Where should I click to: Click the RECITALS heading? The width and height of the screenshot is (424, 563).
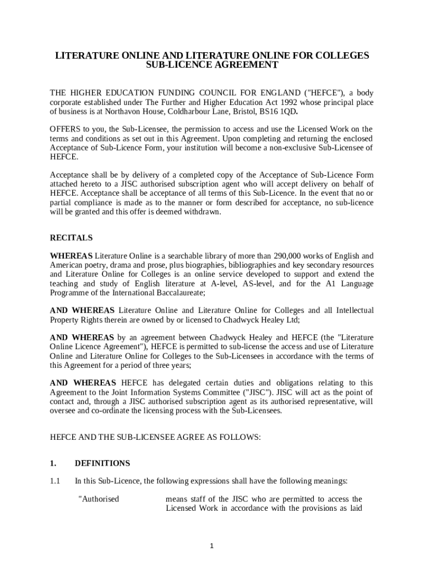click(x=72, y=238)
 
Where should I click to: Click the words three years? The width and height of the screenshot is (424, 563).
click(x=171, y=365)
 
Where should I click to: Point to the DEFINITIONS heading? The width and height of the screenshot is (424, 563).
click(x=102, y=463)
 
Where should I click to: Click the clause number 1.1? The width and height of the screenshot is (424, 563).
click(x=55, y=481)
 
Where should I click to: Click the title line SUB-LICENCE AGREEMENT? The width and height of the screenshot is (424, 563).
click(x=212, y=65)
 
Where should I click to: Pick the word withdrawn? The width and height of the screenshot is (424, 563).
click(x=202, y=212)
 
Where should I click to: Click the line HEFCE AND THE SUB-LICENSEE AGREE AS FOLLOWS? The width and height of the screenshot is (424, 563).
click(x=155, y=437)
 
